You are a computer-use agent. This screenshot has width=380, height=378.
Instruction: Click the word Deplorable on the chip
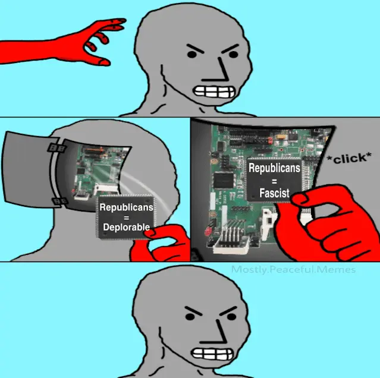click(126, 227)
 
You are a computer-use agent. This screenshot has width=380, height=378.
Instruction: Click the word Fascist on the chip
click(274, 193)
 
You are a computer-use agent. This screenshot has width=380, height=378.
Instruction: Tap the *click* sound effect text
click(348, 158)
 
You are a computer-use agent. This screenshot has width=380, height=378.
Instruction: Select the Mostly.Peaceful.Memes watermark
click(294, 269)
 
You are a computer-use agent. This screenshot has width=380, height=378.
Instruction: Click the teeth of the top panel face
click(213, 92)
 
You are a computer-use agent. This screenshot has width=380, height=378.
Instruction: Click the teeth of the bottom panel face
click(212, 354)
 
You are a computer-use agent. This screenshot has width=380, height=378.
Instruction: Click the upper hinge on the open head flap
click(56, 147)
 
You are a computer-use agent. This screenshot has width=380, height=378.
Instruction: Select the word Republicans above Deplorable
click(126, 207)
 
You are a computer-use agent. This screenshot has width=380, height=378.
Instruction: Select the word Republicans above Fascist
click(274, 168)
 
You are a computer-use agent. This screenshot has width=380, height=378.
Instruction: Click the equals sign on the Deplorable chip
click(126, 218)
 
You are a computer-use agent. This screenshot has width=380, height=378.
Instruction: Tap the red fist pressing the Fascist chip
click(327, 223)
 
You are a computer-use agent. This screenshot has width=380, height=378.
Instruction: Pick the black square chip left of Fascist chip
click(223, 181)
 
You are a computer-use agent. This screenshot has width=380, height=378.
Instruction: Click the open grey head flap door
click(29, 169)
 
